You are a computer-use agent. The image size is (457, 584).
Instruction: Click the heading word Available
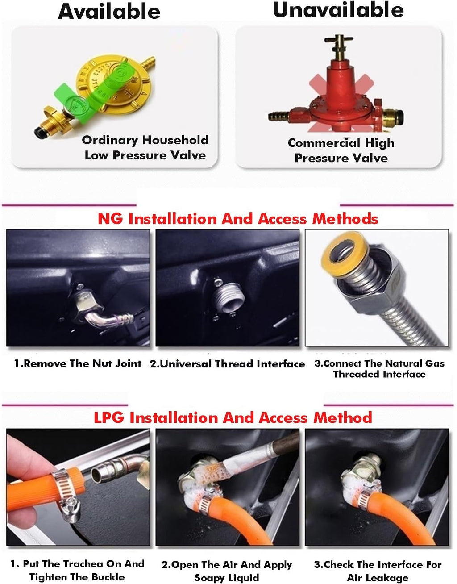click(109, 11)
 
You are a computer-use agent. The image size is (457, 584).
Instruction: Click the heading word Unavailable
click(338, 10)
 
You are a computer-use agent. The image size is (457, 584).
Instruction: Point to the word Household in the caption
click(175, 140)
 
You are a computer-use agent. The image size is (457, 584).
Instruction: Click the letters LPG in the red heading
click(109, 417)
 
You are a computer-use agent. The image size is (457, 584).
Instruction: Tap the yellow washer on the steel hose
click(345, 252)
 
